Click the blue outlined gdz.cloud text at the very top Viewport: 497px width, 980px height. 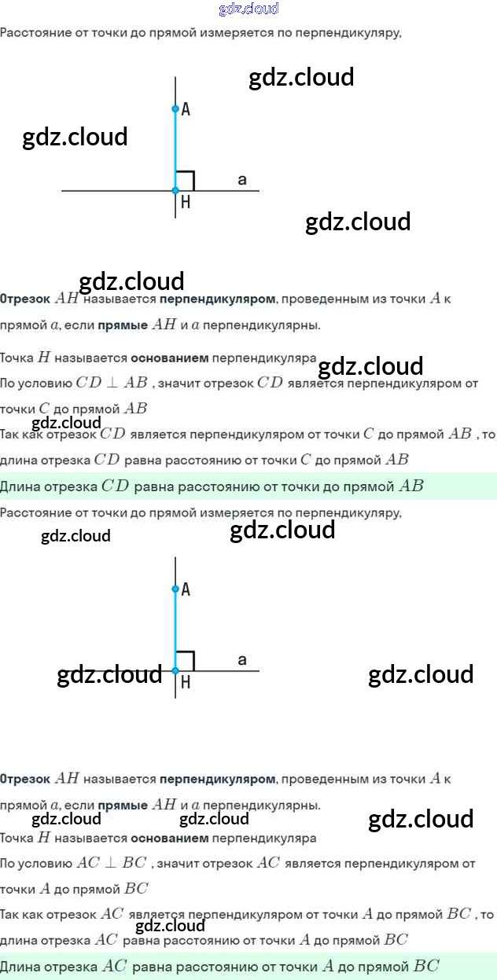click(x=248, y=9)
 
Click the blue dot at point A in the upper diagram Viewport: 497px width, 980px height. click(x=175, y=109)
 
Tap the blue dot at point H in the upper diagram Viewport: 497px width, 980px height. click(x=175, y=190)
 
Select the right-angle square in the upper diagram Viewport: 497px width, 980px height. click(x=185, y=181)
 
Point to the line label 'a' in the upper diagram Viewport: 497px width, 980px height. click(x=242, y=181)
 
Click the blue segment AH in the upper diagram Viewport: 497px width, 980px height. click(x=175, y=149)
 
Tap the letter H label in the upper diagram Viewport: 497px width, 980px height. click(x=186, y=203)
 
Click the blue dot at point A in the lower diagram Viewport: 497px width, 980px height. click(x=175, y=589)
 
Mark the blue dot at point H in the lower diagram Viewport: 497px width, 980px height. click(x=175, y=670)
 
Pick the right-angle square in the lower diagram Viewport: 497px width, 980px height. click(x=185, y=661)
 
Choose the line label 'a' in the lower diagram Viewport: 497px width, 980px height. click(x=242, y=660)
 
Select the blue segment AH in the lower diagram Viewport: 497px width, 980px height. click(x=175, y=629)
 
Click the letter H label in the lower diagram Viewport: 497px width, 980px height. click(x=186, y=683)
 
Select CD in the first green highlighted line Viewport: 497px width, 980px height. click(x=115, y=486)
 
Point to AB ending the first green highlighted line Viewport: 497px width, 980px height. click(x=411, y=486)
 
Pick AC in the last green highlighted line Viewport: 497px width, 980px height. click(x=114, y=967)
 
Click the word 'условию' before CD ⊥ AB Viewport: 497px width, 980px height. click(x=48, y=384)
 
